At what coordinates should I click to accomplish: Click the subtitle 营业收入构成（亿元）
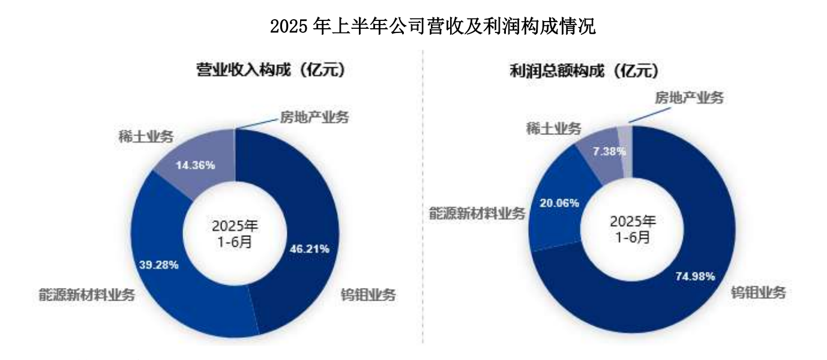[x=271, y=70]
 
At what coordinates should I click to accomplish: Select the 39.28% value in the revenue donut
[x=158, y=264]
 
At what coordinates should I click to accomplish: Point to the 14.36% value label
[x=194, y=165]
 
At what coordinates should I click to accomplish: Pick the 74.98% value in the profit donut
[x=695, y=277]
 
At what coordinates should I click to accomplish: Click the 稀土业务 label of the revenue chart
[x=147, y=136]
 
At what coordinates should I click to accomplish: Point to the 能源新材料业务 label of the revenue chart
[x=85, y=295]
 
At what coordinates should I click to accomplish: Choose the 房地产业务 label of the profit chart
[x=689, y=97]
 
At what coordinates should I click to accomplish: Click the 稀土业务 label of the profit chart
[x=553, y=128]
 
